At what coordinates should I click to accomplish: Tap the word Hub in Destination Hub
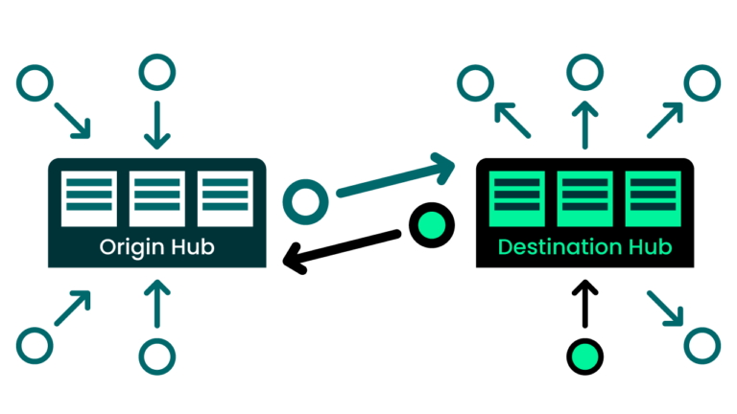[648, 247]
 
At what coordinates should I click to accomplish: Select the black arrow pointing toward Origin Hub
[341, 248]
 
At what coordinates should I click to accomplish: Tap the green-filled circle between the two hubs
[428, 224]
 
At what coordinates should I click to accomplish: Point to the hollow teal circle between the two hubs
[305, 201]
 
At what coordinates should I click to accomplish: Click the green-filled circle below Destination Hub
[584, 356]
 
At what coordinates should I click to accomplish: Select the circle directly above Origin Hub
[156, 73]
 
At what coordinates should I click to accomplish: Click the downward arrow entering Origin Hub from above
[156, 122]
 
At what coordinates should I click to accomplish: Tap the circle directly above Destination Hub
[584, 73]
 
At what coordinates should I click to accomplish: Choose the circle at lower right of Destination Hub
[701, 342]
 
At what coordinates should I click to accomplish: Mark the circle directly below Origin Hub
[156, 356]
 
